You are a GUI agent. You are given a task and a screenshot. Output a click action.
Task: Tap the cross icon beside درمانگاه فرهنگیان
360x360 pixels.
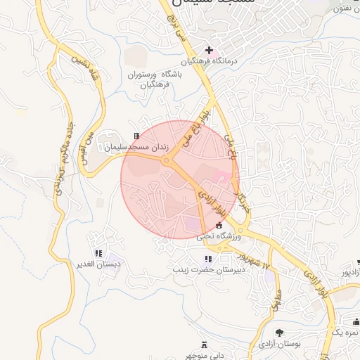209,50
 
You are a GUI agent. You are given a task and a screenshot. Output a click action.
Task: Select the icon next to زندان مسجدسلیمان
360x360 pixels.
137,136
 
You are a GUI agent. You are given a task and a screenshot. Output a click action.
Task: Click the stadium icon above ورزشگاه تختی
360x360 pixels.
219,225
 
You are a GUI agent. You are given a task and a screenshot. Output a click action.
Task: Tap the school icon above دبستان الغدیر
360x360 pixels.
98,253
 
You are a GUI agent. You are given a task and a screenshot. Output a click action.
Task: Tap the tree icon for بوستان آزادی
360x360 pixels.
279,333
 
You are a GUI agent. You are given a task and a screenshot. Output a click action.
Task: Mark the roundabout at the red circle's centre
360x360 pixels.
167,161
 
